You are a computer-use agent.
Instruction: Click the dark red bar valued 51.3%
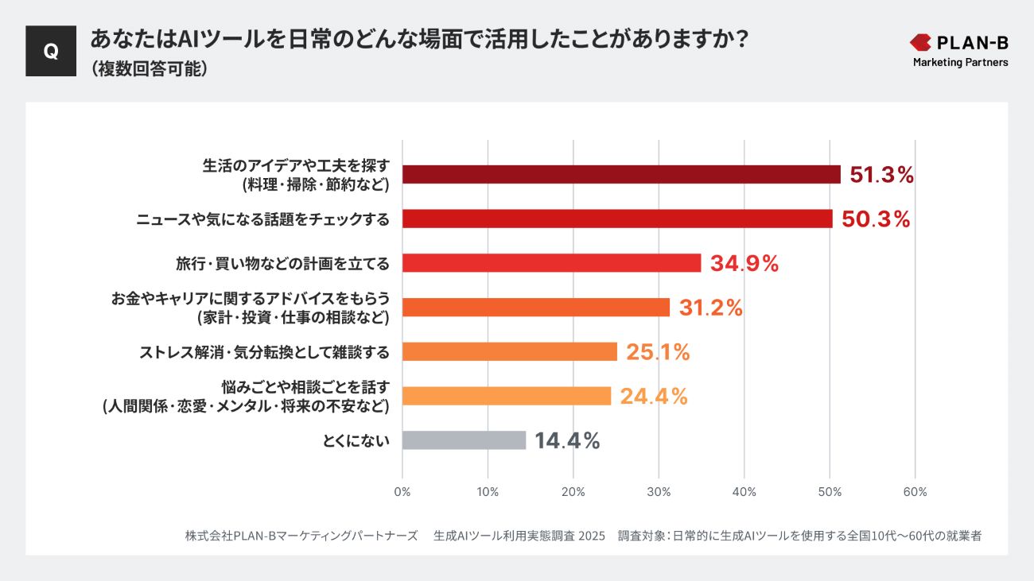click(621, 175)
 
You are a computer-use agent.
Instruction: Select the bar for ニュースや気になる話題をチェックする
click(617, 219)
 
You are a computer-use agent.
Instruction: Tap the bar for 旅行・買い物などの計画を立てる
click(551, 263)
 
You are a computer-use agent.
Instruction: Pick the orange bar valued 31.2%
click(536, 308)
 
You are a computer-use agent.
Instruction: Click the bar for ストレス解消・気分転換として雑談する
click(510, 351)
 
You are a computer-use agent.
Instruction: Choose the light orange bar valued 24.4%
click(507, 396)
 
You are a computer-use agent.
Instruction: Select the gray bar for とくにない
click(465, 440)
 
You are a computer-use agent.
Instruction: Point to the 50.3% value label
click(876, 219)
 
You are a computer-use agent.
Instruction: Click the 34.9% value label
click(744, 264)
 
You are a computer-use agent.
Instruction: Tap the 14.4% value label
click(567, 441)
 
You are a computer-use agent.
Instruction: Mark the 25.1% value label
click(658, 352)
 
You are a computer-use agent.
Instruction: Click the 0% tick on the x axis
click(402, 492)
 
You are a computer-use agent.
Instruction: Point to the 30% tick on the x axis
click(659, 492)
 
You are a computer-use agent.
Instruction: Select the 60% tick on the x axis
click(915, 492)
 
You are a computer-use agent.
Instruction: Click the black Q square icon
click(51, 51)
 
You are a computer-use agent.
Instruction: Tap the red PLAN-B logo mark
click(920, 42)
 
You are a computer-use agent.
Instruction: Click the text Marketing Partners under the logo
click(960, 62)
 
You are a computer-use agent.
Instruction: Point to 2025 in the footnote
click(592, 536)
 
